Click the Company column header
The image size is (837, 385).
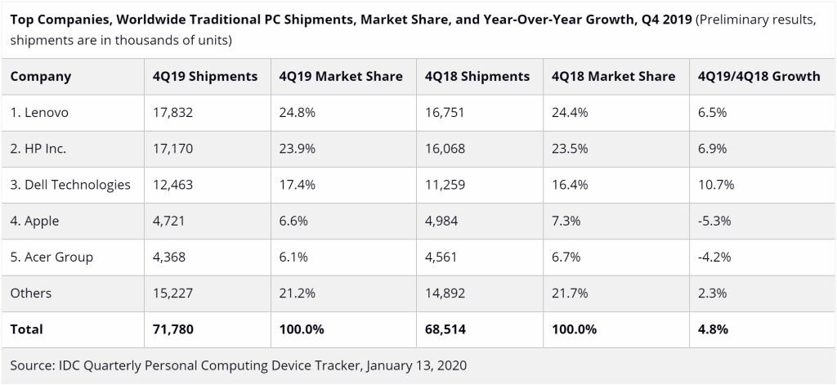pyautogui.click(x=41, y=77)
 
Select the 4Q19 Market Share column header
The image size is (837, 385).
pyautogui.click(x=340, y=77)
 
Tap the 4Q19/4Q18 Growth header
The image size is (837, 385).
pyautogui.click(x=759, y=77)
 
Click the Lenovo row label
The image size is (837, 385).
pyautogui.click(x=39, y=113)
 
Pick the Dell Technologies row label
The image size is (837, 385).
pyautogui.click(x=70, y=185)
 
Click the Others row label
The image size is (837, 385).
pyautogui.click(x=31, y=293)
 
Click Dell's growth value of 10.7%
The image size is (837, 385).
pyautogui.click(x=717, y=185)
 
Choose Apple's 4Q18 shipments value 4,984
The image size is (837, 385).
pyautogui.click(x=443, y=221)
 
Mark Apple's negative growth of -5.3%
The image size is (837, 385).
pyautogui.click(x=715, y=221)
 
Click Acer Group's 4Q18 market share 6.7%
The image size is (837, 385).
pyautogui.click(x=566, y=257)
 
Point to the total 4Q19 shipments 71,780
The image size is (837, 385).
pyautogui.click(x=173, y=329)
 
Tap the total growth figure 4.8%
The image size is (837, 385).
pyautogui.click(x=713, y=329)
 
